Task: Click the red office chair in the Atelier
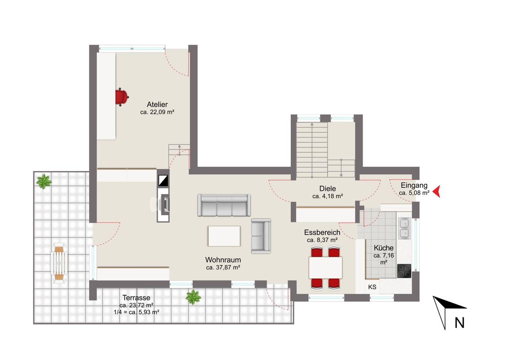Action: click(122, 97)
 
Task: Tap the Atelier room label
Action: click(157, 104)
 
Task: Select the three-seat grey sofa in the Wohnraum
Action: click(224, 205)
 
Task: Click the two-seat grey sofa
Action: click(261, 236)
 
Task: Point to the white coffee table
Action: click(224, 236)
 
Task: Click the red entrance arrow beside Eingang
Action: click(436, 191)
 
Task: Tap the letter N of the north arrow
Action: click(459, 323)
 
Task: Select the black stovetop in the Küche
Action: click(404, 271)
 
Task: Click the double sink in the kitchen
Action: click(404, 229)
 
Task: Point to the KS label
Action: click(372, 287)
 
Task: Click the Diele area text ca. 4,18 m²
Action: click(328, 196)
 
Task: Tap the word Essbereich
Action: click(322, 232)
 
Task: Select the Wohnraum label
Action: click(223, 260)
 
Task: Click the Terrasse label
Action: click(136, 298)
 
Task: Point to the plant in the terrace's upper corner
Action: click(44, 181)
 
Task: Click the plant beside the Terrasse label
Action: click(193, 297)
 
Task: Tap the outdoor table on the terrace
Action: click(59, 263)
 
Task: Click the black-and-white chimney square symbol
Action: click(163, 181)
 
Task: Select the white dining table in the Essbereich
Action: click(325, 267)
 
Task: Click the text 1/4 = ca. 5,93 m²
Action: click(136, 312)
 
